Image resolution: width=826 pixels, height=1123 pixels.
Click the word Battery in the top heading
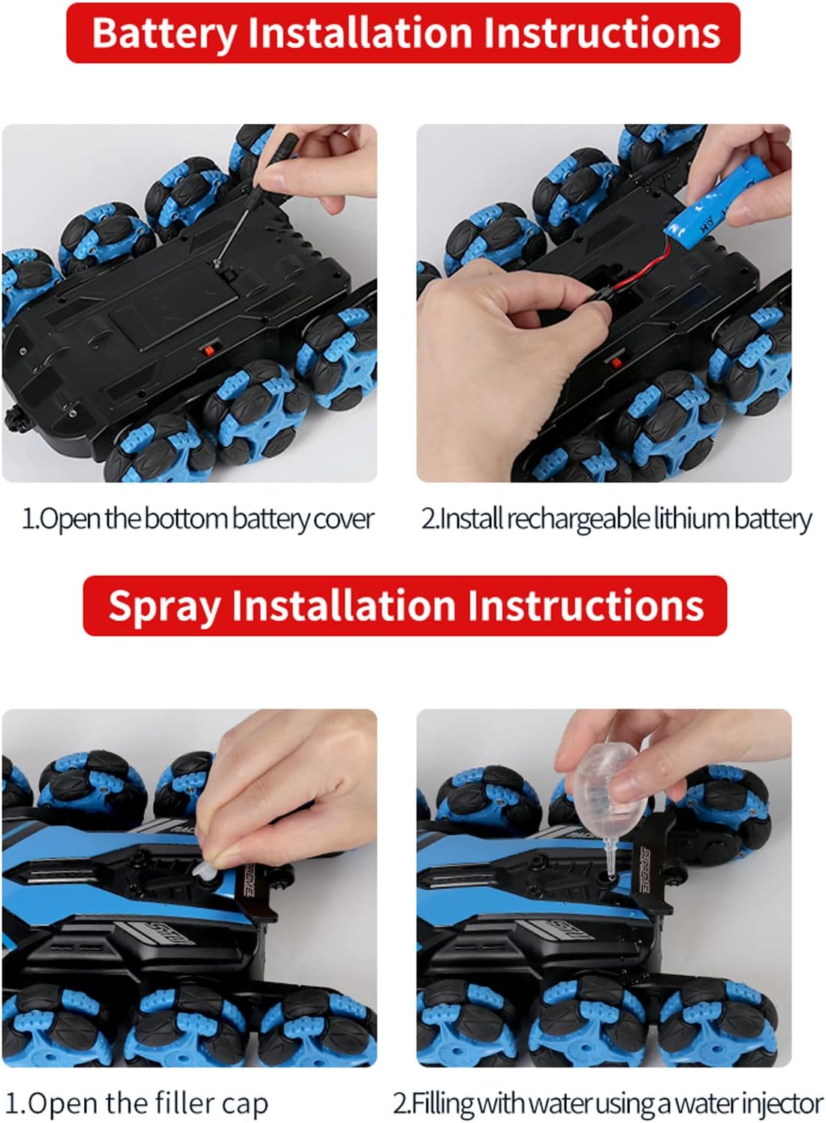164,33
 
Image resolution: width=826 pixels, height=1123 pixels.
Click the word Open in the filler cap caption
63,1103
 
